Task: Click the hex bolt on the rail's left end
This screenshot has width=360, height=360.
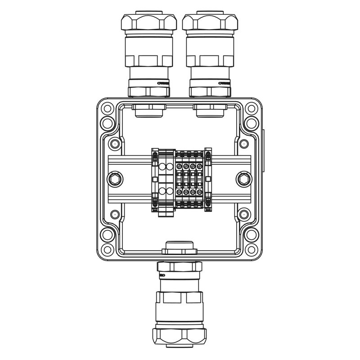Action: tap(114, 180)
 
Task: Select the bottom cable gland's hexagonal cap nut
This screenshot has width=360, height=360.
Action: tap(179, 335)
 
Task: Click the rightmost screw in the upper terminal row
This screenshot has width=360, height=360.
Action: tap(198, 166)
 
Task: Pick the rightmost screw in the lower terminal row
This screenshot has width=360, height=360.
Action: tap(198, 193)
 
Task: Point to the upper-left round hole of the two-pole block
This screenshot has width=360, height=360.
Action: tap(162, 167)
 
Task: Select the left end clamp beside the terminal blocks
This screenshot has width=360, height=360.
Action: tap(155, 180)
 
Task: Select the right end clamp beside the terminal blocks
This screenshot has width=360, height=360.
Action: tap(208, 180)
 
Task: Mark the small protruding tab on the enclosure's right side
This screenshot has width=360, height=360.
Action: tap(263, 151)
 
